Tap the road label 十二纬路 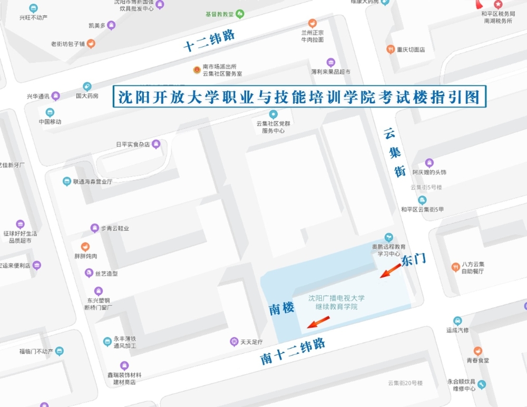209,41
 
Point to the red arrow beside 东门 391,270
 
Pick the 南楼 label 281,309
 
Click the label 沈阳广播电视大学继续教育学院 336,302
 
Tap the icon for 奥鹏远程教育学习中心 389,237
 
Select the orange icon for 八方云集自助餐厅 456,267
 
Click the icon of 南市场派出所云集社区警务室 197,70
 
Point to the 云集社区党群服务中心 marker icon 273,114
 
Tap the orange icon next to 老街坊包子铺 91,44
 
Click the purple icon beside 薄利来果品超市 331,62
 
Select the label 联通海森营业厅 93,181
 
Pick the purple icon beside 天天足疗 234,342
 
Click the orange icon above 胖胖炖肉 85,247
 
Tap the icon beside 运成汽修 457,321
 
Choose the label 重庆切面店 411,50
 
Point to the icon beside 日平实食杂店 156,144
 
